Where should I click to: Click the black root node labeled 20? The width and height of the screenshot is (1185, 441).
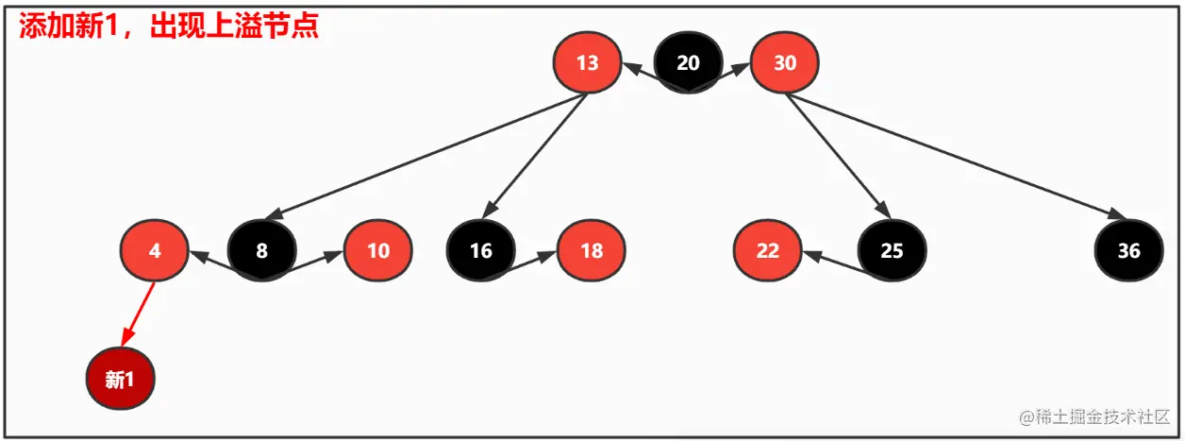(689, 63)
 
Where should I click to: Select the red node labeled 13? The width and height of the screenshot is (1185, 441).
(587, 63)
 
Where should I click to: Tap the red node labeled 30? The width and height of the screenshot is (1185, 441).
(785, 63)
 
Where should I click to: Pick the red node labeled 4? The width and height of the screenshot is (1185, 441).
(155, 251)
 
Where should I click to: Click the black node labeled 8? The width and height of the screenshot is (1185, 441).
(262, 251)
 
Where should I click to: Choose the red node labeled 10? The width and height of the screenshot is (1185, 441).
(378, 251)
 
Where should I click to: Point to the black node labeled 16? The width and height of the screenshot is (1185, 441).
(481, 251)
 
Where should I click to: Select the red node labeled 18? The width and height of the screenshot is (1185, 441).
(592, 251)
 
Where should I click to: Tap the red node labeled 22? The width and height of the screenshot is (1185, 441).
(768, 251)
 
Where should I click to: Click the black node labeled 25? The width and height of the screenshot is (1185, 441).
(892, 251)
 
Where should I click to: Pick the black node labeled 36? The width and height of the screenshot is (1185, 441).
(1128, 251)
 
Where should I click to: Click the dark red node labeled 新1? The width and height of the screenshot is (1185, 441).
(120, 380)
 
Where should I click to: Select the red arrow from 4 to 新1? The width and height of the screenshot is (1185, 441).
(138, 314)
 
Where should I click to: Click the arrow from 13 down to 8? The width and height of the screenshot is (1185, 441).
(425, 156)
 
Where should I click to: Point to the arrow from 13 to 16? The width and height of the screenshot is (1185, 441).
(538, 156)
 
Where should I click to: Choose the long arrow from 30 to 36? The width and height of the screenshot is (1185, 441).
(953, 156)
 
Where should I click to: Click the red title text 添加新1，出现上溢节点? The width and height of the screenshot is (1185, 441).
(169, 25)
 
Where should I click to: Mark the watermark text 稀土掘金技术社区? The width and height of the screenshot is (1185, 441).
(1102, 416)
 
